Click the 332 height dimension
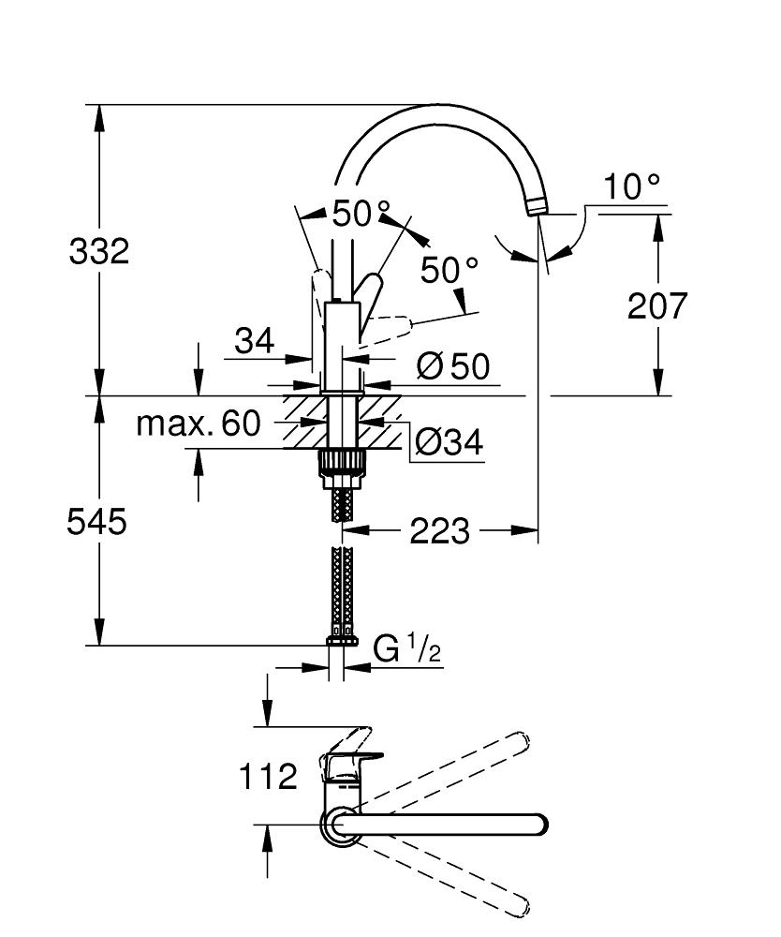click(x=98, y=251)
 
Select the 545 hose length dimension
click(x=96, y=522)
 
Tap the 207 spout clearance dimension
click(x=657, y=305)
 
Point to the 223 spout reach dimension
click(x=439, y=531)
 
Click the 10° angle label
click(x=630, y=187)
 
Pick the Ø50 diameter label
click(x=454, y=366)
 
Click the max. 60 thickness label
click(x=198, y=424)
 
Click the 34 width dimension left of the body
click(x=255, y=341)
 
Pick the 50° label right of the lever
click(x=449, y=271)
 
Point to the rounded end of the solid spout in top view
click(x=538, y=825)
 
